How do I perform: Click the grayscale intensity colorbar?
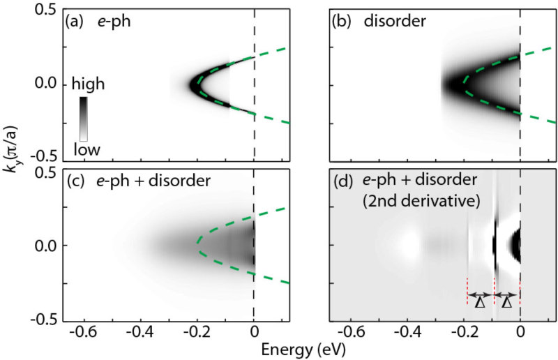click(83, 119)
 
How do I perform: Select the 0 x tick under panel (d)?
click(520, 331)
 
